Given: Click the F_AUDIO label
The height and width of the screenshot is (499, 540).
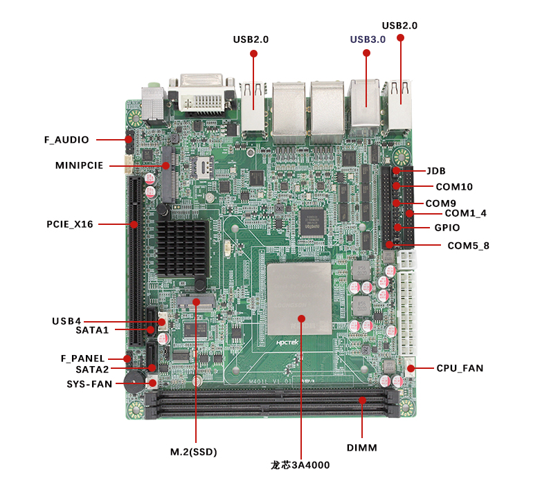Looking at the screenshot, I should [x=66, y=140].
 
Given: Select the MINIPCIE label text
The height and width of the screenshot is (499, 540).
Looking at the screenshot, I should [x=79, y=165].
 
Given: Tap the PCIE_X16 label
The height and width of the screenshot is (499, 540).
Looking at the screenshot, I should [x=69, y=224].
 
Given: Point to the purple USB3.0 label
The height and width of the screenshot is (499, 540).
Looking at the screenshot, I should [x=368, y=39].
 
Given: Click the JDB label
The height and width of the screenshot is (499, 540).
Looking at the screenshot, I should [x=435, y=171].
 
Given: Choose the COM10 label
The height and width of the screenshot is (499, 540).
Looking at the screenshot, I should [x=454, y=187].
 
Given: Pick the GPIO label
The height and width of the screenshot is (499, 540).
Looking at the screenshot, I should [x=447, y=228].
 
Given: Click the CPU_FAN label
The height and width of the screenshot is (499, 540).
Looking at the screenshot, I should [x=460, y=368].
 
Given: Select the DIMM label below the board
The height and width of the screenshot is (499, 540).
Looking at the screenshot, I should [x=362, y=448].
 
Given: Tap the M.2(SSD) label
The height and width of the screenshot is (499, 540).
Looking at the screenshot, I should [x=194, y=453].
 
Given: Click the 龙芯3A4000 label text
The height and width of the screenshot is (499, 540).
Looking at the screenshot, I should [x=300, y=465].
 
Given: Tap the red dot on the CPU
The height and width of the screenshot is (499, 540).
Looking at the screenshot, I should [x=301, y=318].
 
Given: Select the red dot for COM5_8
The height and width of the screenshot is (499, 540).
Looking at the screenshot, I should [x=390, y=244].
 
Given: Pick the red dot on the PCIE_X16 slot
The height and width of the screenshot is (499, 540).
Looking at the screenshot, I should [x=134, y=224].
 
